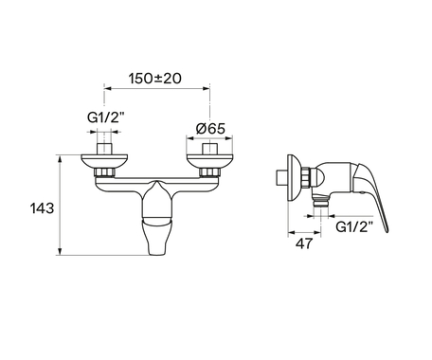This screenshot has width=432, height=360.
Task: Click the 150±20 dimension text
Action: tap(155, 79)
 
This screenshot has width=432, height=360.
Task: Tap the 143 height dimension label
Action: tap(42, 208)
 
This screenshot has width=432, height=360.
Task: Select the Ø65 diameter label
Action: tap(210, 129)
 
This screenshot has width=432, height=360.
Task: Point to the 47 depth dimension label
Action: tap(304, 243)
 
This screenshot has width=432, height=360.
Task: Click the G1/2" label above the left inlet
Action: tap(106, 117)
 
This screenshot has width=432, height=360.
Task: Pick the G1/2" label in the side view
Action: tap(354, 226)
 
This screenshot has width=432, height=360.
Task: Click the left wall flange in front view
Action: tap(104, 161)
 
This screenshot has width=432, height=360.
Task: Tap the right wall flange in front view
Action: tap(209, 161)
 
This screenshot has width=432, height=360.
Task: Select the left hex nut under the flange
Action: tap(104, 172)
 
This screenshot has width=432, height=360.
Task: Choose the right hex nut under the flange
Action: tap(209, 172)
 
